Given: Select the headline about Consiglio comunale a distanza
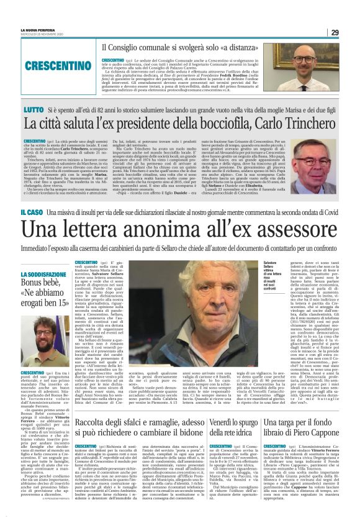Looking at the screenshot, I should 183,47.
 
